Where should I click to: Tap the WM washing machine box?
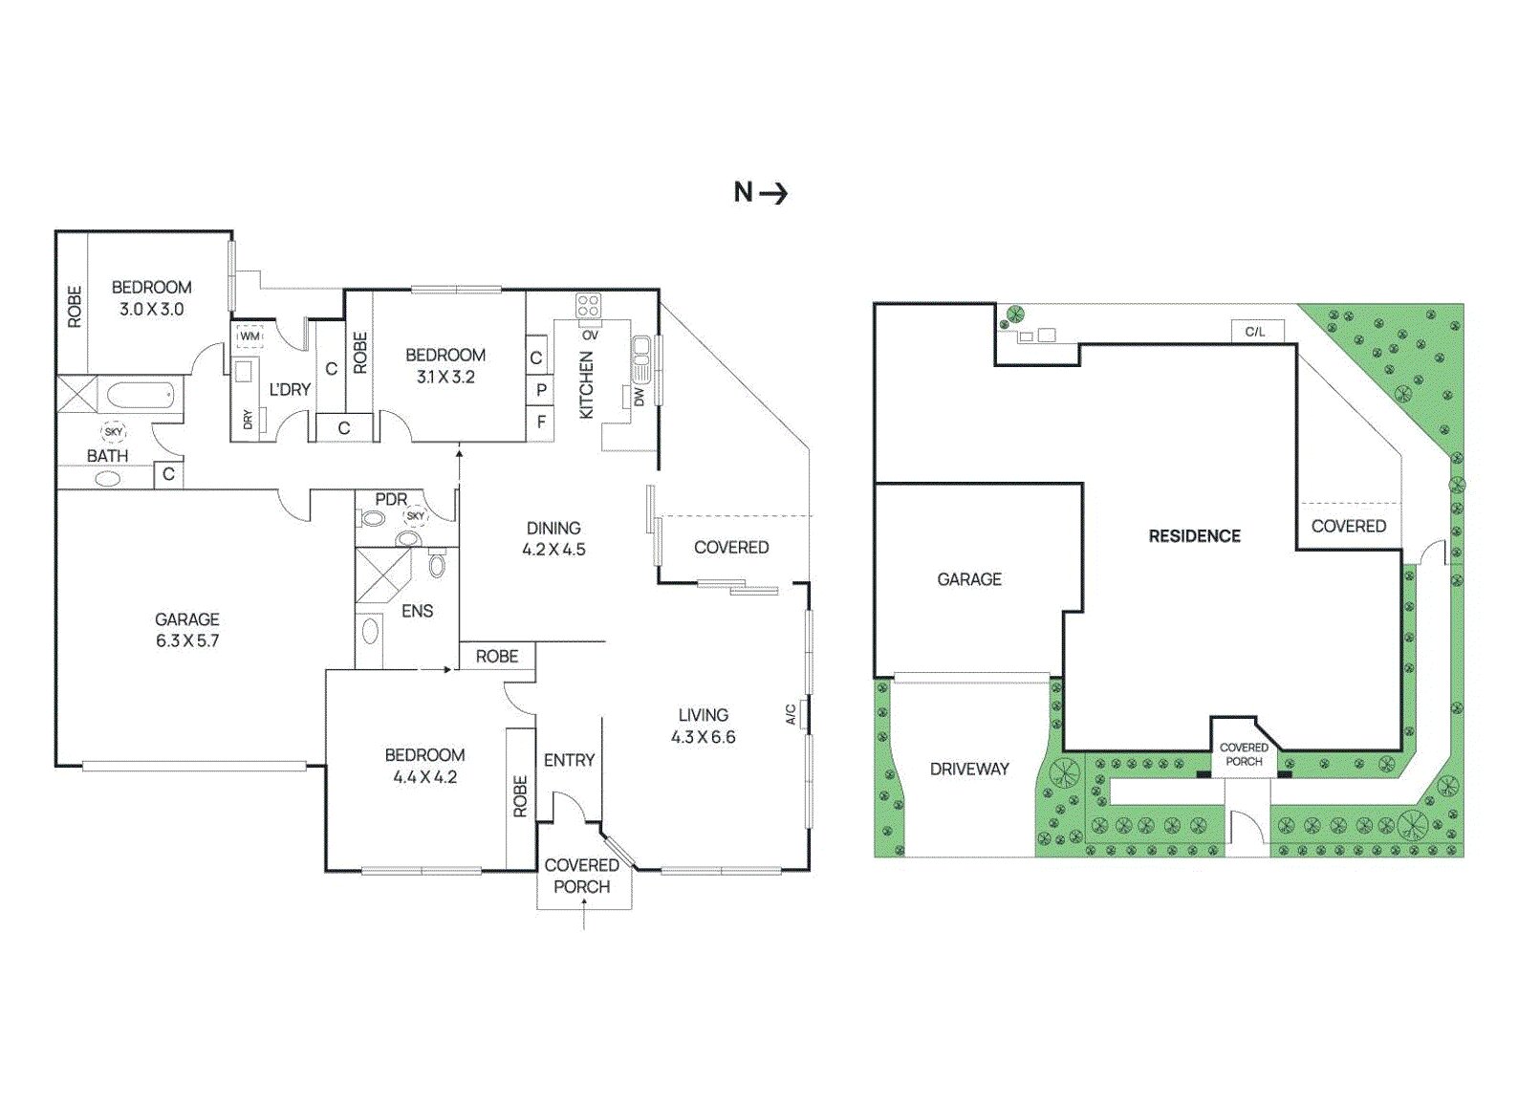(x=249, y=337)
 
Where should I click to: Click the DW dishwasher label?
(x=640, y=396)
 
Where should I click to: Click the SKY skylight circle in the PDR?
(x=415, y=516)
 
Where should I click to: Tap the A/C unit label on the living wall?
(x=791, y=714)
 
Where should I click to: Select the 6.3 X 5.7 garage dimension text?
(x=187, y=641)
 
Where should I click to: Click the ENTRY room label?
(x=569, y=760)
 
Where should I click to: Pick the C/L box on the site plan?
(x=1255, y=332)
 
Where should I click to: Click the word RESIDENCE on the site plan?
(x=1194, y=536)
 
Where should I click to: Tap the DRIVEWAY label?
(x=969, y=769)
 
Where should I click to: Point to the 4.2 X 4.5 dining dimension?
(x=553, y=550)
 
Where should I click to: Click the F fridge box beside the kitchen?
(x=540, y=421)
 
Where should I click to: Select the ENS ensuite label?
(x=417, y=611)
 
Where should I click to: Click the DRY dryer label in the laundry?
(x=248, y=419)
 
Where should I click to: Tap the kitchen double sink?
(x=640, y=360)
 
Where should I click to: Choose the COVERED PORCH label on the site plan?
(x=1244, y=754)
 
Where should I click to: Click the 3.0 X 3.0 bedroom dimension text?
(x=151, y=310)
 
